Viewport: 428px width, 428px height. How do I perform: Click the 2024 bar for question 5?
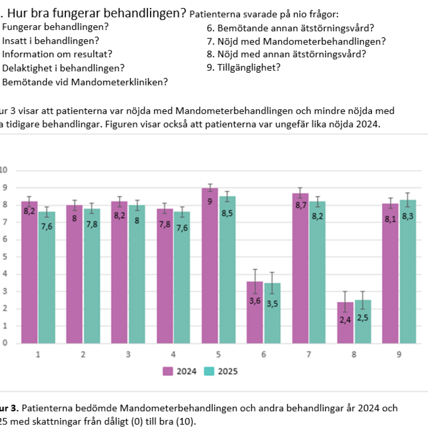pos(210,267)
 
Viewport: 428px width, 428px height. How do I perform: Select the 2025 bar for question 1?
pos(47,280)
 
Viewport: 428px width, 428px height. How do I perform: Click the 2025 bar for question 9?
pos(408,272)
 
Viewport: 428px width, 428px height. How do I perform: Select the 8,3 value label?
pos(408,217)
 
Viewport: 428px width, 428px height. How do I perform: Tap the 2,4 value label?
pos(346,320)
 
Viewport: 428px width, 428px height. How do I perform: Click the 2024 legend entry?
pos(180,371)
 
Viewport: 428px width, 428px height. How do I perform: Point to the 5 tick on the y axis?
pos(5,257)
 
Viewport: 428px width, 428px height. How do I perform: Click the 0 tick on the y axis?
pos(5,343)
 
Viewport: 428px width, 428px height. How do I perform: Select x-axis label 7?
pos(309,354)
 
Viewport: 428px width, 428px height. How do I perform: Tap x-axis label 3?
pos(128,354)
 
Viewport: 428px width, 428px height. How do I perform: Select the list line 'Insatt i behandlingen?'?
pos(51,41)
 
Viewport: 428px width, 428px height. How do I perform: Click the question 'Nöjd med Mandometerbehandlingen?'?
pos(301,41)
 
